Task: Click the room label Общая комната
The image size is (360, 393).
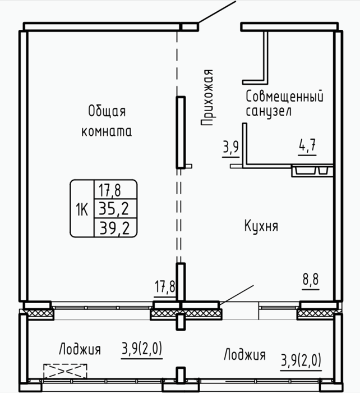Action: point(107,121)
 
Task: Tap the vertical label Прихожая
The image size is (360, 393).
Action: point(207,98)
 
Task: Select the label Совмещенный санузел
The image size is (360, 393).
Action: point(285,104)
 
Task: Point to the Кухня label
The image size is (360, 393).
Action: point(261,226)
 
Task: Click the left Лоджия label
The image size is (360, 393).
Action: point(80,349)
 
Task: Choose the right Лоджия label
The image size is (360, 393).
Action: point(244,354)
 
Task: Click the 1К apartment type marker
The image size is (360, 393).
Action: point(82,209)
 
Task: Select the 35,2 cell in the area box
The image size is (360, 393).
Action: point(114,209)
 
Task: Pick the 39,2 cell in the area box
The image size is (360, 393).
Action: point(114,228)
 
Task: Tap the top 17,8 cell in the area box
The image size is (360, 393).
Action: point(110,190)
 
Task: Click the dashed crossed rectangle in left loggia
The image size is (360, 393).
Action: point(66,371)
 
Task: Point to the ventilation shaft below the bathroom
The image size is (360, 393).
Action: point(312,171)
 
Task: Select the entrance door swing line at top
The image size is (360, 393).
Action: point(218,12)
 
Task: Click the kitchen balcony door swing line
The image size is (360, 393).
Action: point(237,295)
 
